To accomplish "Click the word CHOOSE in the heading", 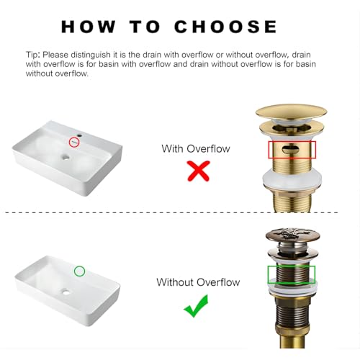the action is coord(225,27).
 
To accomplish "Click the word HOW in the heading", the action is coord(89,27).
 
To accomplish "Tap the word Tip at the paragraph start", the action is coord(32,55).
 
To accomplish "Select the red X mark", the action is coord(199,171).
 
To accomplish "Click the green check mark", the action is coord(197,306).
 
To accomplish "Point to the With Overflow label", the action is coord(196,149).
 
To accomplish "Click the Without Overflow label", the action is coord(198,282).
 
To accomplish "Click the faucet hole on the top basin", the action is coord(80,135).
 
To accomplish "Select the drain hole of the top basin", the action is coord(66,158).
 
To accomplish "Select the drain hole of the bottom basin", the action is coord(66,292).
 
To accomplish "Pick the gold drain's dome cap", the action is coord(291,112).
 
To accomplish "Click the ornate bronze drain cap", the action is coord(292,235).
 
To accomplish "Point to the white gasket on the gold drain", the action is coord(292,179).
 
